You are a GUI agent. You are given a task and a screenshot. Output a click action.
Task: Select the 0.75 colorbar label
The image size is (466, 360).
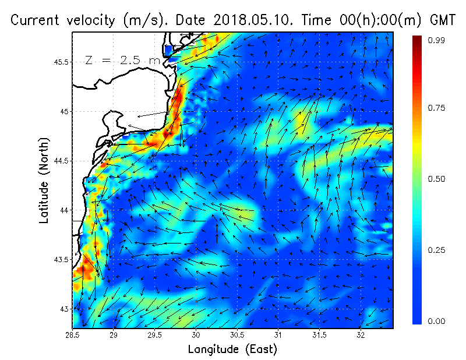pos(437,108)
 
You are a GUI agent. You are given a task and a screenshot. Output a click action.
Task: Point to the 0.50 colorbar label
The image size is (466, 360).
pos(437,179)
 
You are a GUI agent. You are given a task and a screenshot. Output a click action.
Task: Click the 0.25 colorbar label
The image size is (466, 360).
pos(437,250)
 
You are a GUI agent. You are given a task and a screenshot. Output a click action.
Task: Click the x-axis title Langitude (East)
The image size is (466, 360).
pos(232,350)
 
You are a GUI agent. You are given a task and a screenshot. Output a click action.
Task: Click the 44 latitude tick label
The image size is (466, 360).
pos(63,210)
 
